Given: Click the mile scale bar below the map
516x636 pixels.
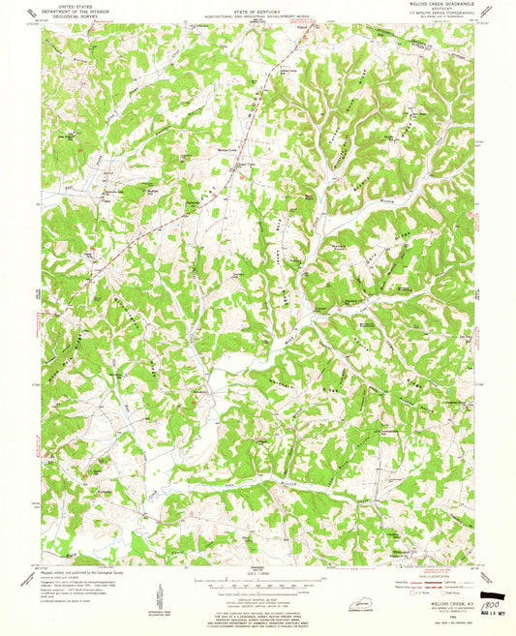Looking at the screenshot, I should coord(257,585).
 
